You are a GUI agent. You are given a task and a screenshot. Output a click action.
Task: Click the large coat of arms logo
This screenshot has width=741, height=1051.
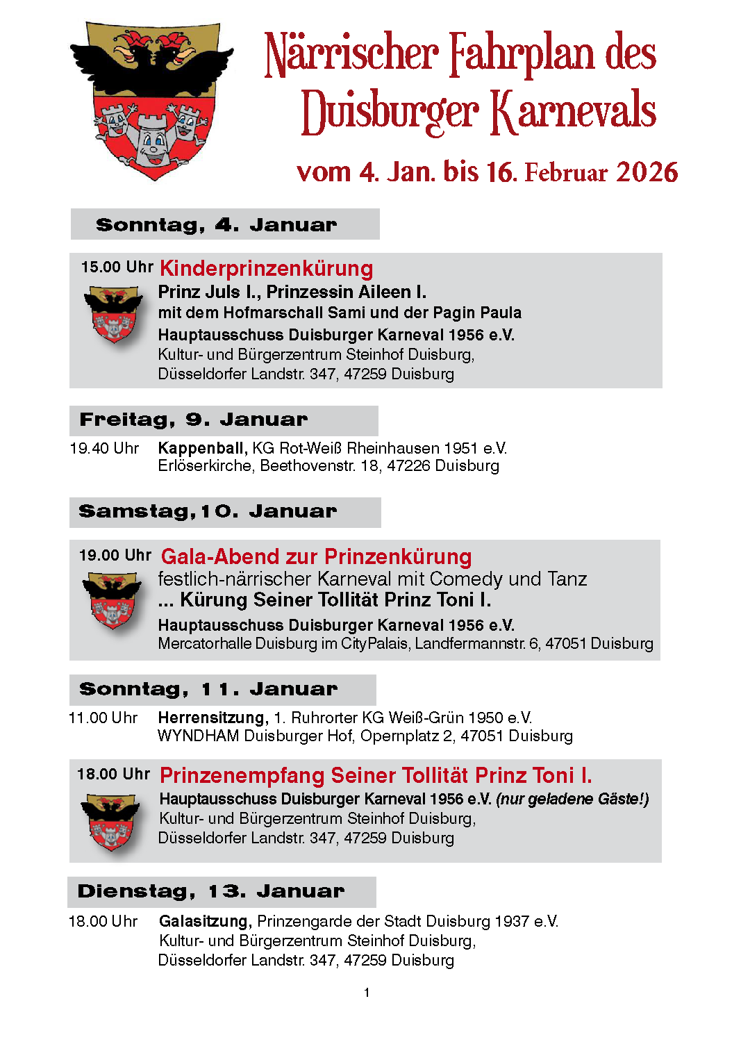pyautogui.click(x=152, y=101)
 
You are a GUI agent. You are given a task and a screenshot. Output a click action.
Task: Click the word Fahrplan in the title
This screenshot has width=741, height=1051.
pyautogui.click(x=522, y=54)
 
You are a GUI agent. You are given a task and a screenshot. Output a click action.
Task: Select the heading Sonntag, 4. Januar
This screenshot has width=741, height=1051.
pyautogui.click(x=216, y=225)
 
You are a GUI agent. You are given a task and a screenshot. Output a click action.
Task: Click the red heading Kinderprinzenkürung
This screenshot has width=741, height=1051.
pyautogui.click(x=267, y=269)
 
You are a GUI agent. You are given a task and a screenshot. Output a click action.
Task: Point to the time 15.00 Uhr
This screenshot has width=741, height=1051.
pyautogui.click(x=117, y=267)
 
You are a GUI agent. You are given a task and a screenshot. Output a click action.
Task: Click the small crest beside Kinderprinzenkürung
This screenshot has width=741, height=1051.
pyautogui.click(x=113, y=315)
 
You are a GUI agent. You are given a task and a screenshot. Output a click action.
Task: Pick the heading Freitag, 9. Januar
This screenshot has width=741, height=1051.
pyautogui.click(x=193, y=420)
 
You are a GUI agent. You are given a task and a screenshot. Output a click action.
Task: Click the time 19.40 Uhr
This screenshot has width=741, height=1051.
pyautogui.click(x=104, y=449)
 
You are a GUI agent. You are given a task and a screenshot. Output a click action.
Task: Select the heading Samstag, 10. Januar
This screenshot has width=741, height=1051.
pyautogui.click(x=207, y=512)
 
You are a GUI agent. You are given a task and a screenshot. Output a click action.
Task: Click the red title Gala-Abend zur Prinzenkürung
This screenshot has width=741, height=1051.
pyautogui.click(x=316, y=557)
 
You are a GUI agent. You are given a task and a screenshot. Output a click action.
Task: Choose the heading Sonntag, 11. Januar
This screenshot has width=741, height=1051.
pyautogui.click(x=208, y=689)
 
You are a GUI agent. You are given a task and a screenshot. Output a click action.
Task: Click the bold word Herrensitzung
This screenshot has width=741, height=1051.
pyautogui.click(x=213, y=718)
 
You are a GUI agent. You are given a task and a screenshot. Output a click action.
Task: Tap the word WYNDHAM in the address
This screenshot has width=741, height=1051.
pyautogui.click(x=199, y=736)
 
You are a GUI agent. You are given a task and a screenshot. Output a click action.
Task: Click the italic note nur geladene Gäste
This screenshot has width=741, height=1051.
pyautogui.click(x=572, y=800)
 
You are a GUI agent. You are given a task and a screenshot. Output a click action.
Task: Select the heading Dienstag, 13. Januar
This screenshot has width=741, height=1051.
pyautogui.click(x=210, y=891)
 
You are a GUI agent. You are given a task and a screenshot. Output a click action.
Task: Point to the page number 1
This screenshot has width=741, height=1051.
pyautogui.click(x=367, y=993)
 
